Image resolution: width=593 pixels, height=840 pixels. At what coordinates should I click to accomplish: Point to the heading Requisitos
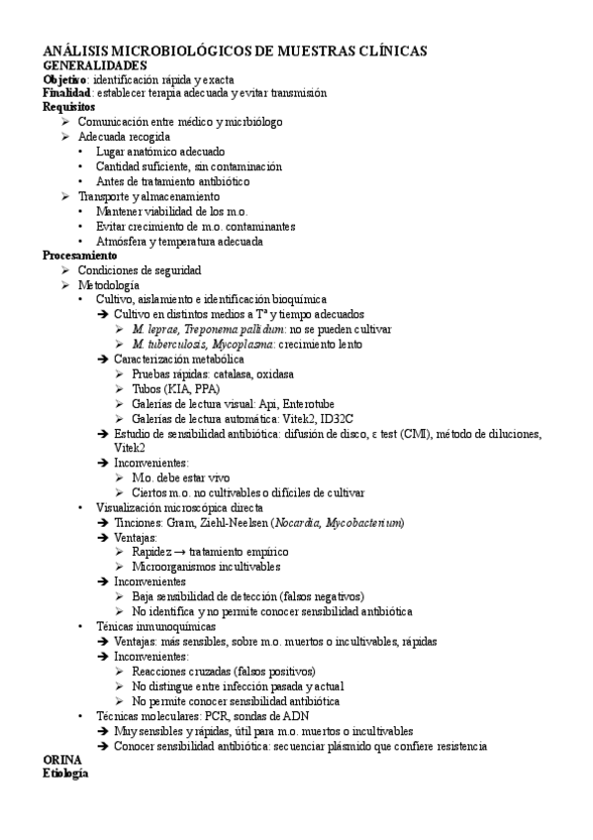point(69,106)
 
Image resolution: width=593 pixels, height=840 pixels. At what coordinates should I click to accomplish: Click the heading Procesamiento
point(78,255)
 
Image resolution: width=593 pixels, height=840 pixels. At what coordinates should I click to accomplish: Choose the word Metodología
point(109,284)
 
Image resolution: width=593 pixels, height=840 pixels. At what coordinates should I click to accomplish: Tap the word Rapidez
point(153,552)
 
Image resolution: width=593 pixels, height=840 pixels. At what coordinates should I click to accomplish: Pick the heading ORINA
point(61,760)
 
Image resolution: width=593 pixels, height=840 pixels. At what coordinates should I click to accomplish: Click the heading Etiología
point(65,774)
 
